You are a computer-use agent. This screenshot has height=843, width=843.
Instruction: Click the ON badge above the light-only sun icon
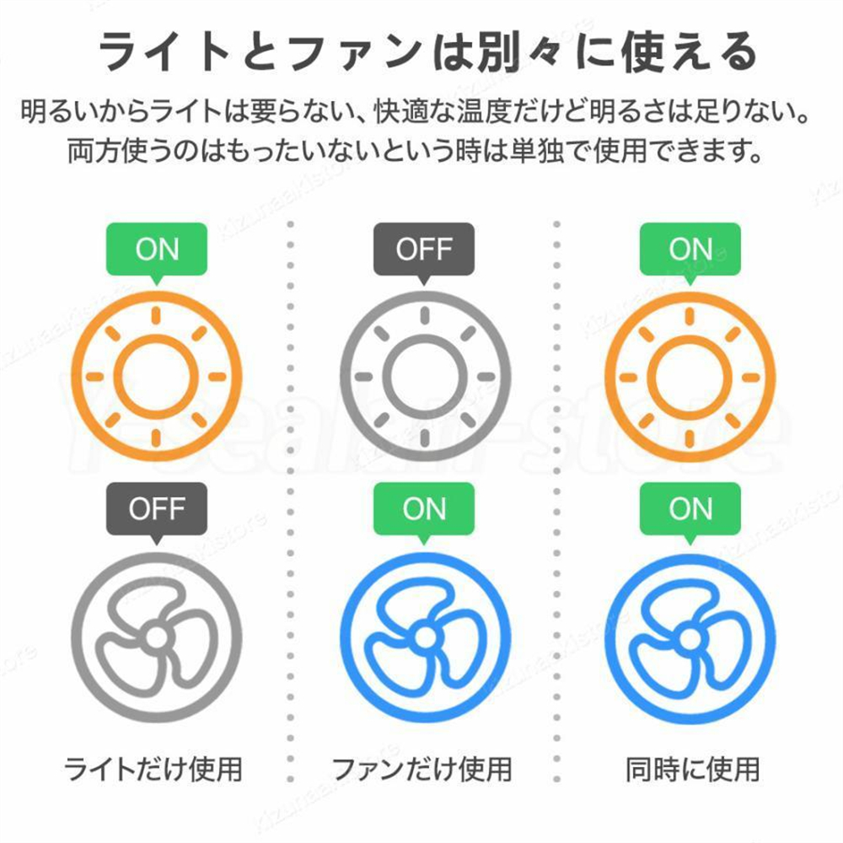[x=157, y=250]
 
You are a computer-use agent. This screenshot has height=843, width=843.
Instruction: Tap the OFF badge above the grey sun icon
[x=424, y=250]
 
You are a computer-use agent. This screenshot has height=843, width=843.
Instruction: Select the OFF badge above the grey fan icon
[x=157, y=509]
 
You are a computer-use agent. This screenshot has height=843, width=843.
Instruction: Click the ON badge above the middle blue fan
[x=424, y=509]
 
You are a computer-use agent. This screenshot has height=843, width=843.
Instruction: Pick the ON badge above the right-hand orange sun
[x=690, y=250]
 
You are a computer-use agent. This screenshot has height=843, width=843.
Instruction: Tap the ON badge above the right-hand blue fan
[x=690, y=509]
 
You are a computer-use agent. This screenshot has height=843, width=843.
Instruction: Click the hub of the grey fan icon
[x=157, y=637]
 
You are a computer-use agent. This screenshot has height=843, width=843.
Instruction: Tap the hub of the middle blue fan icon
[x=424, y=637]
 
